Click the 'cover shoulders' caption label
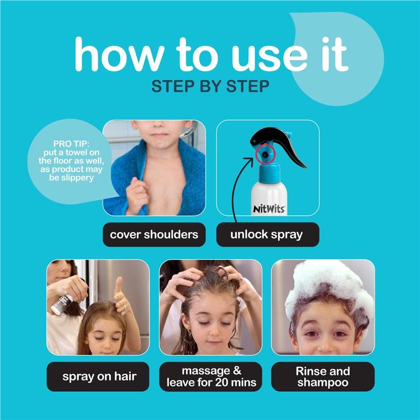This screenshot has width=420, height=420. tap(154, 235)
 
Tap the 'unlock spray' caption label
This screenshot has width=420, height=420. tap(268, 235)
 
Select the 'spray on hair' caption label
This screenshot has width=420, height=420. tap(98, 376)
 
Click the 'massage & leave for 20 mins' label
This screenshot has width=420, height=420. tap(211, 376)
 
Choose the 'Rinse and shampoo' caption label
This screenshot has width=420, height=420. tap(323, 376)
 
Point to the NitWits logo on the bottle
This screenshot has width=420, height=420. tap(269, 209)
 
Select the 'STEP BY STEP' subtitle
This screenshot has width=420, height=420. tap(211, 87)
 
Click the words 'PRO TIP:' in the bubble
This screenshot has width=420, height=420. tap(71, 144)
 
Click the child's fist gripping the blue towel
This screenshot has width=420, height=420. tap(137, 195)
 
